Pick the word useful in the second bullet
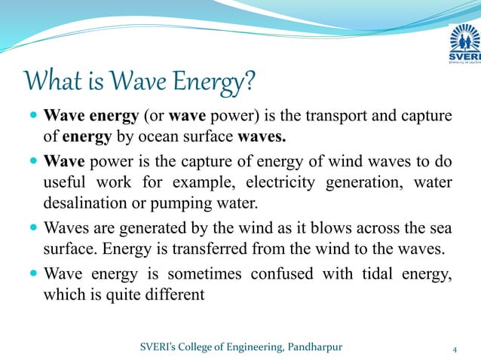(66, 183)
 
